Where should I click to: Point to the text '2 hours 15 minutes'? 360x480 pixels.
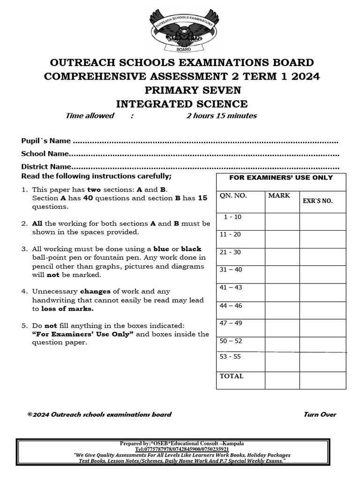pyautogui.click(x=221, y=116)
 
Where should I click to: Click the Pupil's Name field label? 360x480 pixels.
pyautogui.click(x=46, y=141)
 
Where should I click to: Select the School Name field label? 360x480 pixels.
pyautogui.click(x=45, y=154)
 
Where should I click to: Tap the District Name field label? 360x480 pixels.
pyautogui.click(x=46, y=166)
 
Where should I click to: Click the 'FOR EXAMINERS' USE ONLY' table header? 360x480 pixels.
pyautogui.click(x=281, y=178)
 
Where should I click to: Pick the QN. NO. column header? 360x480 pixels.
pyautogui.click(x=233, y=196)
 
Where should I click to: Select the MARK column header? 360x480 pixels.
pyautogui.click(x=279, y=195)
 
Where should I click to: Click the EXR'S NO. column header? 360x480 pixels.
pyautogui.click(x=318, y=201)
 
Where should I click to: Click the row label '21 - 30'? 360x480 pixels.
pyautogui.click(x=230, y=252)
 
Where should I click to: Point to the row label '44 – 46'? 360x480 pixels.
pyautogui.click(x=231, y=305)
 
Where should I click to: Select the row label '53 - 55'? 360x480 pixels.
pyautogui.click(x=230, y=356)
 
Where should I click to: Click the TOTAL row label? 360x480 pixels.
pyautogui.click(x=232, y=376)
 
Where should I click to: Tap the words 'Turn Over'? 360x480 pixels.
pyautogui.click(x=320, y=414)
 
